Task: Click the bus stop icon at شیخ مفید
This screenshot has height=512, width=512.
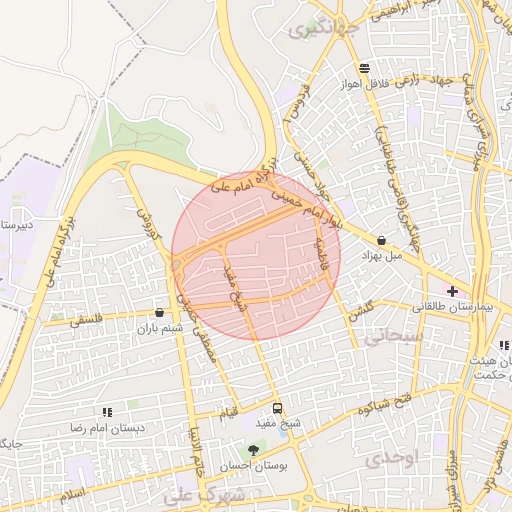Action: [277, 408]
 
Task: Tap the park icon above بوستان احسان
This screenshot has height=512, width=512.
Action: [254, 449]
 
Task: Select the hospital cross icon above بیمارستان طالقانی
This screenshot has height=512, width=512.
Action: [453, 290]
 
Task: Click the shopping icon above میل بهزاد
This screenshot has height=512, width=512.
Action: [383, 240]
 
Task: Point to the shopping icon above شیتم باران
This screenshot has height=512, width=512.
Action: [160, 313]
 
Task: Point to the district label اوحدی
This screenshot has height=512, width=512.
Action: [390, 459]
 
